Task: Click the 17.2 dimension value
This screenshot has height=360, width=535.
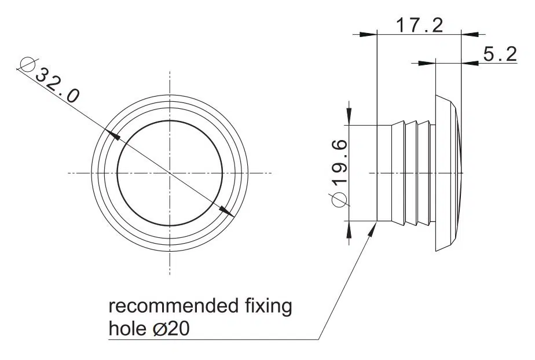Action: tap(419, 25)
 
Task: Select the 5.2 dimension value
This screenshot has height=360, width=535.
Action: tap(500, 54)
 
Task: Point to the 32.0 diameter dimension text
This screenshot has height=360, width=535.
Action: tap(57, 86)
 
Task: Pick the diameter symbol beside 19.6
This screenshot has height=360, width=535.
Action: tap(339, 200)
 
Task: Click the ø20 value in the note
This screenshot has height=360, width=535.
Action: tap(171, 329)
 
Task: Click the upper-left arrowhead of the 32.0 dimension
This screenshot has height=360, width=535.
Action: tap(113, 134)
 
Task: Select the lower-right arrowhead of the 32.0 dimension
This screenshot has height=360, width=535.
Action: tap(226, 211)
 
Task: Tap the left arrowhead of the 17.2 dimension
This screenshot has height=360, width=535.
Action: tap(368, 34)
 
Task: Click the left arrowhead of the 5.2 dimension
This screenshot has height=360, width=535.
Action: tap(427, 63)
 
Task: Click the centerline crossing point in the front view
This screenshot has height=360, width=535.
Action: tap(170, 173)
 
